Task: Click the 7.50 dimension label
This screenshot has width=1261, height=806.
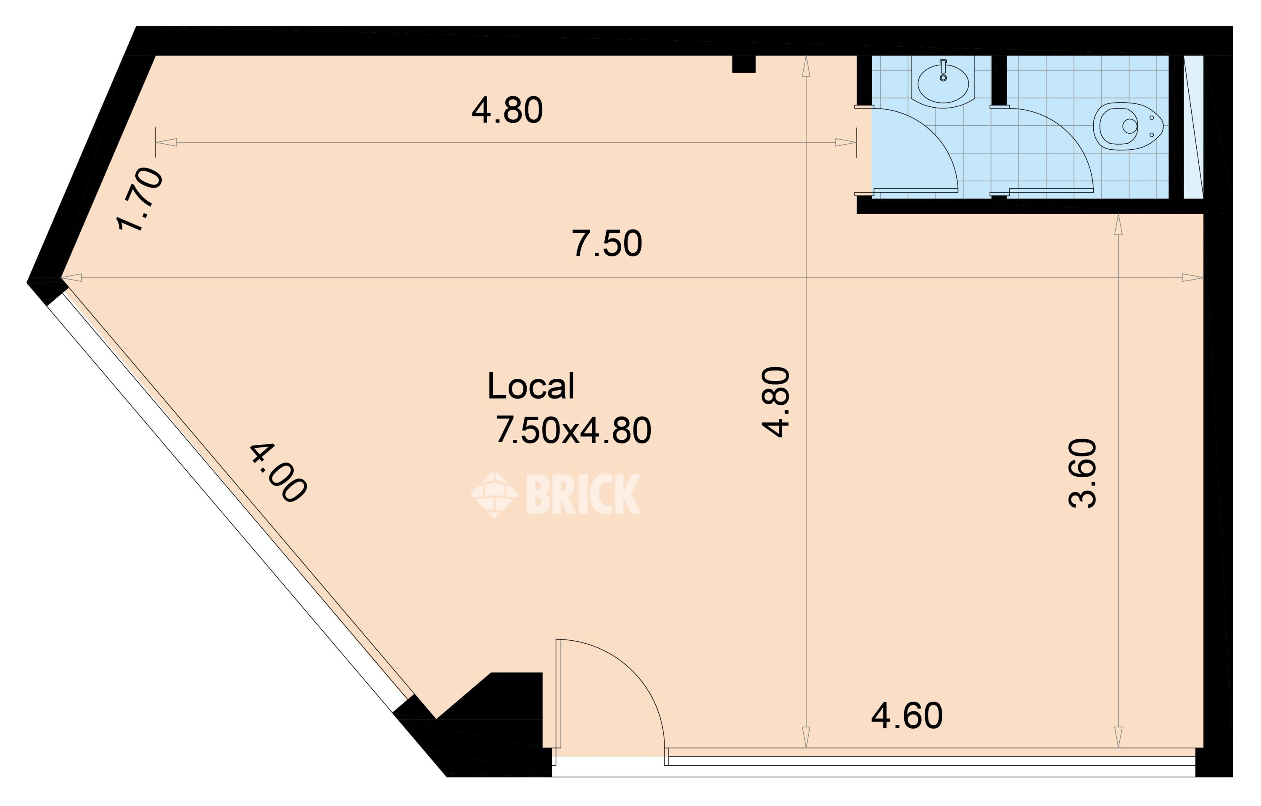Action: pyautogui.click(x=607, y=243)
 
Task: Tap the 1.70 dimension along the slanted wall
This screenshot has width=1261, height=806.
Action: pyautogui.click(x=139, y=200)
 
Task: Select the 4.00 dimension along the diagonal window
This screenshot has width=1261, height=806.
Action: pyautogui.click(x=277, y=473)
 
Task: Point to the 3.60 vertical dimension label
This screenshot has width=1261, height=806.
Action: pyautogui.click(x=1082, y=473)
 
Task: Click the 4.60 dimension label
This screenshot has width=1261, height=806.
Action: pyautogui.click(x=907, y=716)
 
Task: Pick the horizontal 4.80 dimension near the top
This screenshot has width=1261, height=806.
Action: pyautogui.click(x=507, y=111)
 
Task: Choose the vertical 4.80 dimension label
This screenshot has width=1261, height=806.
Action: pyautogui.click(x=775, y=402)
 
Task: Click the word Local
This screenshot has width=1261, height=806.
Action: pyautogui.click(x=530, y=386)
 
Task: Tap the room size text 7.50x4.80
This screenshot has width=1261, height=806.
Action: pyautogui.click(x=573, y=431)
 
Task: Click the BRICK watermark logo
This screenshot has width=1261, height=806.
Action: pyautogui.click(x=556, y=494)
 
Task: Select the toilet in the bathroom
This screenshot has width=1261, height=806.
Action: pyautogui.click(x=1127, y=126)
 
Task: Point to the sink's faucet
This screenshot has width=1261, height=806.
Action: pyautogui.click(x=943, y=70)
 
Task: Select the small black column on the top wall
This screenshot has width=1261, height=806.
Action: pyautogui.click(x=744, y=64)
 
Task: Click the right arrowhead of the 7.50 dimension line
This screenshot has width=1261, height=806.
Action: pyautogui.click(x=1192, y=277)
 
